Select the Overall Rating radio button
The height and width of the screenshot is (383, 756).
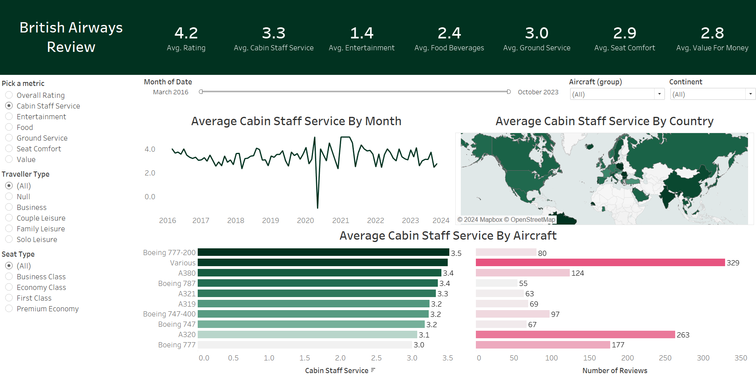[9, 95]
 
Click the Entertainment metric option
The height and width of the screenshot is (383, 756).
[9, 116]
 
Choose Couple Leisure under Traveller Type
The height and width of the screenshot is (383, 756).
[9, 218]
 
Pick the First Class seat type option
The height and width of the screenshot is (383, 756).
[9, 298]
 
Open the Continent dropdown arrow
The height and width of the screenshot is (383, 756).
[750, 94]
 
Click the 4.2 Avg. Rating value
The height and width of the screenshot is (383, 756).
[186, 33]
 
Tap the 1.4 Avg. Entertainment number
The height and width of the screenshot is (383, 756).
[361, 33]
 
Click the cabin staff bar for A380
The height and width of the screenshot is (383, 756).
[319, 273]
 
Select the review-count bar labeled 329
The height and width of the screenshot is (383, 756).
[600, 263]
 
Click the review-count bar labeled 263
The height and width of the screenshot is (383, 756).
[575, 335]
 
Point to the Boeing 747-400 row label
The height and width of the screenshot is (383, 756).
[169, 314]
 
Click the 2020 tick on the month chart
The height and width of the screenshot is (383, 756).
[305, 221]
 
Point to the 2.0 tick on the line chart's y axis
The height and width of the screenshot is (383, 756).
[150, 173]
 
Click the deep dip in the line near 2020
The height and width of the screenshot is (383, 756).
[317, 206]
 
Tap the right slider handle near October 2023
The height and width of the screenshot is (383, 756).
[509, 92]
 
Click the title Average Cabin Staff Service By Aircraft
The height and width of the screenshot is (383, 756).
[448, 236]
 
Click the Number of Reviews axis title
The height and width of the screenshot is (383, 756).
[615, 371]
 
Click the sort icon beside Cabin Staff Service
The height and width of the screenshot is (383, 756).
[373, 370]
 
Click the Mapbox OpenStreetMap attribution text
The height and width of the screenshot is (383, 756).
[506, 220]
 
